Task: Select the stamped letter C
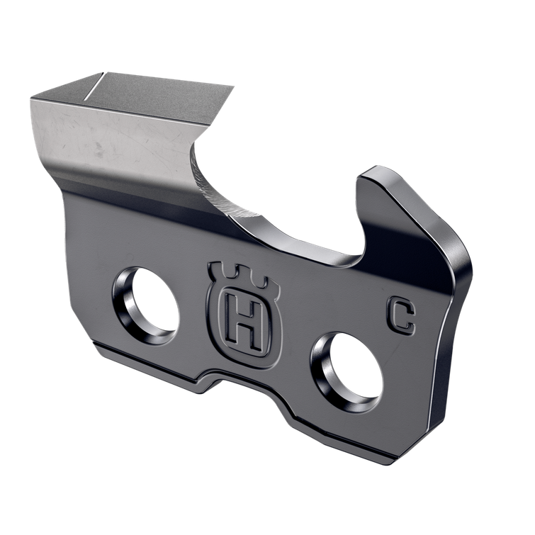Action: (x=400, y=315)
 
